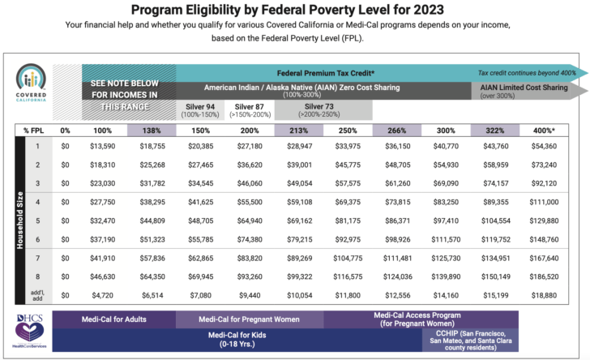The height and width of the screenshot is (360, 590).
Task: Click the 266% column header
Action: pos(396,131)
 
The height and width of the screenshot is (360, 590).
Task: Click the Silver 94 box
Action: pos(200,109)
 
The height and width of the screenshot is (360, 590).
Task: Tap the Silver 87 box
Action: pos(249,109)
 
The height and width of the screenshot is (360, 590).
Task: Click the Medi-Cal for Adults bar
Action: pos(113,319)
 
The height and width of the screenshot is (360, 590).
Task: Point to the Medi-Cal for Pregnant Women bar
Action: pos(249,319)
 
